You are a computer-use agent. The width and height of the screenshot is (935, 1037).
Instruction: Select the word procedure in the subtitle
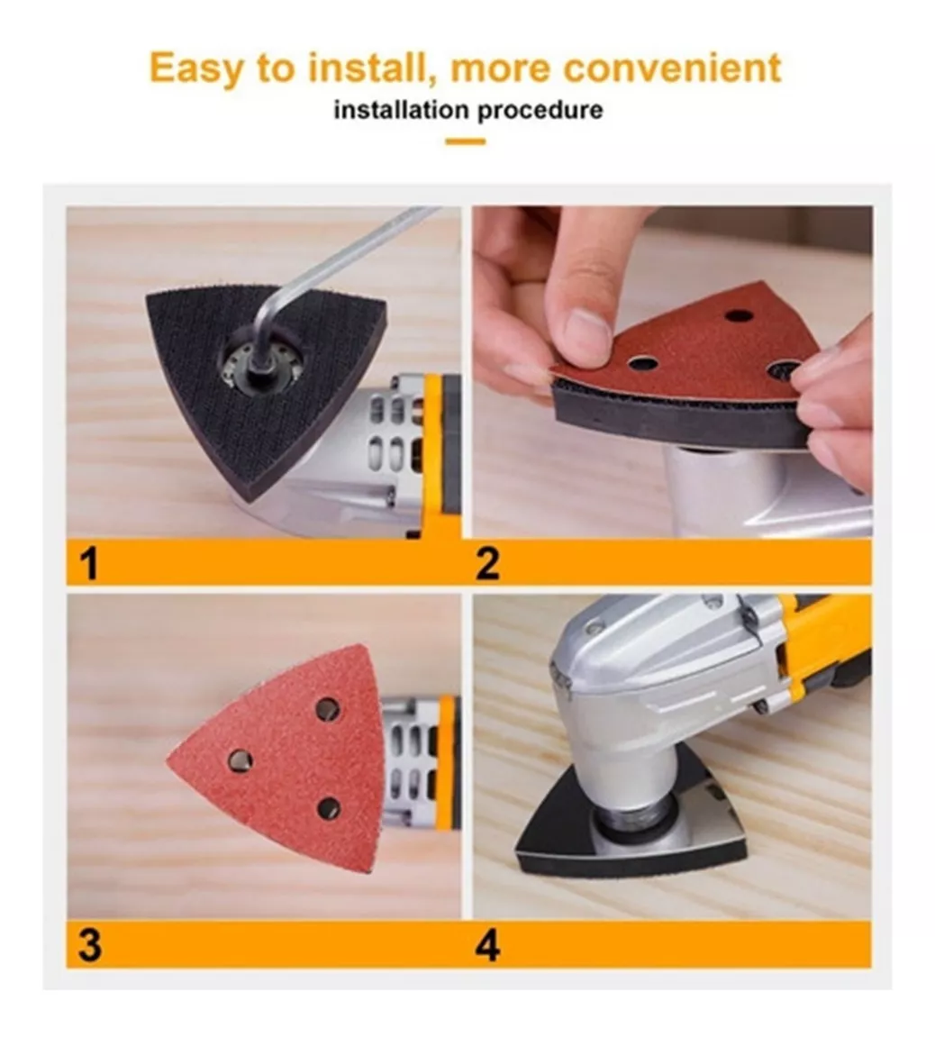(x=540, y=111)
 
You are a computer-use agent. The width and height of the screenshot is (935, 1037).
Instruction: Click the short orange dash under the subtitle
(x=466, y=141)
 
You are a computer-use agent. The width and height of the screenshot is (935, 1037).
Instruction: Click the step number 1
(x=88, y=564)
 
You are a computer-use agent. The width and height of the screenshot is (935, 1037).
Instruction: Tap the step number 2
(x=487, y=564)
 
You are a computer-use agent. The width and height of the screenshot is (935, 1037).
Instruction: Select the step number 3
(x=90, y=945)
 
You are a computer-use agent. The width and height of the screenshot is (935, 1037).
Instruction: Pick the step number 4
(x=487, y=945)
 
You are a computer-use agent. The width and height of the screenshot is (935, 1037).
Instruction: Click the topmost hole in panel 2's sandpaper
(x=738, y=314)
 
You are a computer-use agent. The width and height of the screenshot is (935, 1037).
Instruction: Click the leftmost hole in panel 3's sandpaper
(x=240, y=760)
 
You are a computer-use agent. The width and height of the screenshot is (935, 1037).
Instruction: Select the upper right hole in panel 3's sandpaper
(x=327, y=710)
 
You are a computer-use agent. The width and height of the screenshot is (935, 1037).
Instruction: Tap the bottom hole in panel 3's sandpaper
(x=328, y=808)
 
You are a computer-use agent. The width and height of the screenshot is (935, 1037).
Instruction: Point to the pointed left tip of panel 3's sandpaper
(x=168, y=760)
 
